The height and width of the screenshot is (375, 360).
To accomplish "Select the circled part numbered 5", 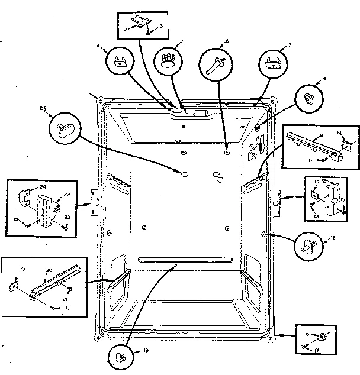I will [168, 59].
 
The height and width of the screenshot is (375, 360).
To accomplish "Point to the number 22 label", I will [67, 196].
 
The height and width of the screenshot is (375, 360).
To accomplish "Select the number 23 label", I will [67, 218].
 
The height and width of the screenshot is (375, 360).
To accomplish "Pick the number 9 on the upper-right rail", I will [320, 135].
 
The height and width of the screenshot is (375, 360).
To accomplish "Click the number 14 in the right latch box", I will [316, 182].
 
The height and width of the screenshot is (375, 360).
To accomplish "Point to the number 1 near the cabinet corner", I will [88, 93].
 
